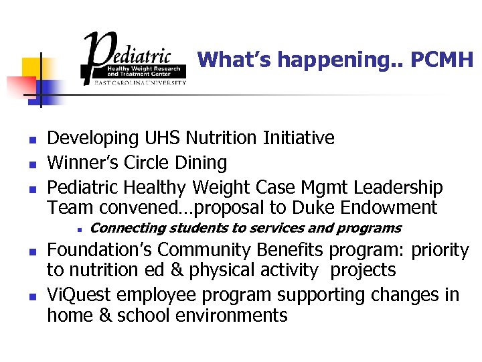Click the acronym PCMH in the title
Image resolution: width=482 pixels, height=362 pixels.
click(441, 60)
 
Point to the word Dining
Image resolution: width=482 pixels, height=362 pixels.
click(200, 162)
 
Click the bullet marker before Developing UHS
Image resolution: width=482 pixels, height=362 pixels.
click(31, 139)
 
